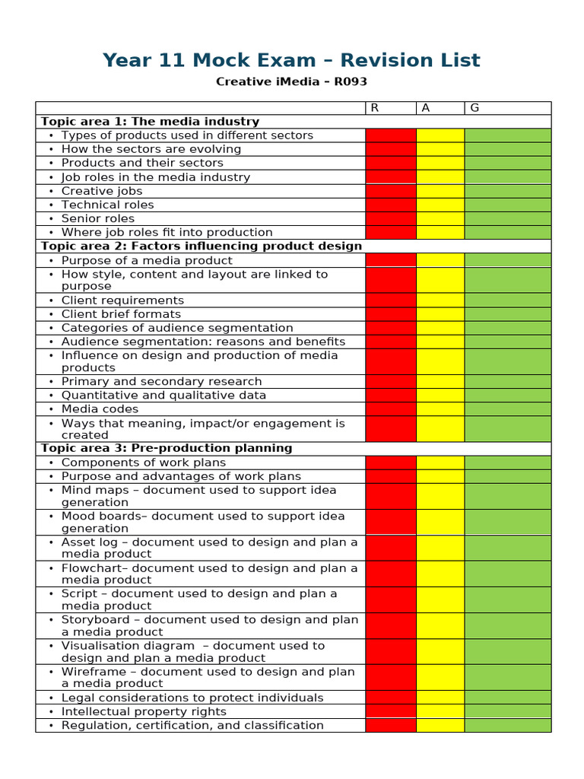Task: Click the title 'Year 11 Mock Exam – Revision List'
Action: coord(292,60)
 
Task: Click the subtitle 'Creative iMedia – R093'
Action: coord(292,81)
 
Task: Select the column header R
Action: coord(374,108)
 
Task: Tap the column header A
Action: coord(426,108)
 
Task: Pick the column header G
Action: coord(474,108)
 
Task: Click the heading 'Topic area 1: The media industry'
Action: coord(150,122)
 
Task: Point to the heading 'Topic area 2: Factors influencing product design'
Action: coord(201,246)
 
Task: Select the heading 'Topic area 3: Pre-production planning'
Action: coord(167,448)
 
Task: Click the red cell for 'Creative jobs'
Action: coord(391,191)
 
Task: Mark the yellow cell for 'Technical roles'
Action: coord(440,205)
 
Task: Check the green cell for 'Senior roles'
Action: coord(507,218)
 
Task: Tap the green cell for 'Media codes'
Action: coord(507,409)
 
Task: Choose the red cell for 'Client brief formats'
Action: coord(391,314)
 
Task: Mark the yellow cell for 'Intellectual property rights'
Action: coord(440,711)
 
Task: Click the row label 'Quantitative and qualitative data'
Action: coord(163,395)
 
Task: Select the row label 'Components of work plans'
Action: coord(144,463)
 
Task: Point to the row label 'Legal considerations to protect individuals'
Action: coord(192,698)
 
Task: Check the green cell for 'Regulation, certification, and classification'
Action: coord(507,725)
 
